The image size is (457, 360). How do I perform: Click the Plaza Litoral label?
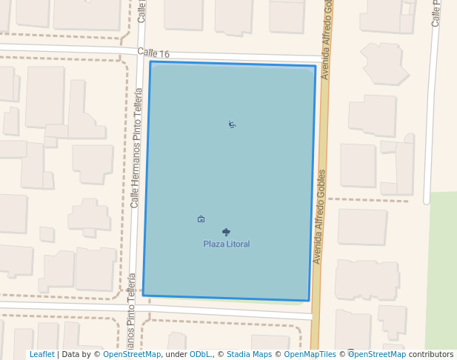point(227,244)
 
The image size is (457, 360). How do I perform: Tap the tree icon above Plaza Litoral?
point(226,232)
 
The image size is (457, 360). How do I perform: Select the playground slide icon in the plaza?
point(233,124)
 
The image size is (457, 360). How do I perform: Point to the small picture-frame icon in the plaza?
point(201,219)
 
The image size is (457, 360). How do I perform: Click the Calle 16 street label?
point(153,53)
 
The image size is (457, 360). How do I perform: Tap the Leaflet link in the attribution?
point(41,355)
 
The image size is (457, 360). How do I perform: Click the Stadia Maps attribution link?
point(249,355)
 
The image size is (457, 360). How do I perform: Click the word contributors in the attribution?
point(431,355)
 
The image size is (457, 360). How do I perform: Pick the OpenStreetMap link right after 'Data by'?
point(132,355)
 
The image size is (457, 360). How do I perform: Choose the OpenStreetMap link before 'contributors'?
point(377,355)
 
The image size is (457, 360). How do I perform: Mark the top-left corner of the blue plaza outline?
point(150,61)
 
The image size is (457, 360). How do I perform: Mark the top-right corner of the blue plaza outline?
point(316,67)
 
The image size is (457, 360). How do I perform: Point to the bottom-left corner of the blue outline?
point(143,295)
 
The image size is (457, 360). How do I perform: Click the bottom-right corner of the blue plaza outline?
point(308,301)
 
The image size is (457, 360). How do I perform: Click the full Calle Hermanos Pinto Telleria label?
point(136,147)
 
